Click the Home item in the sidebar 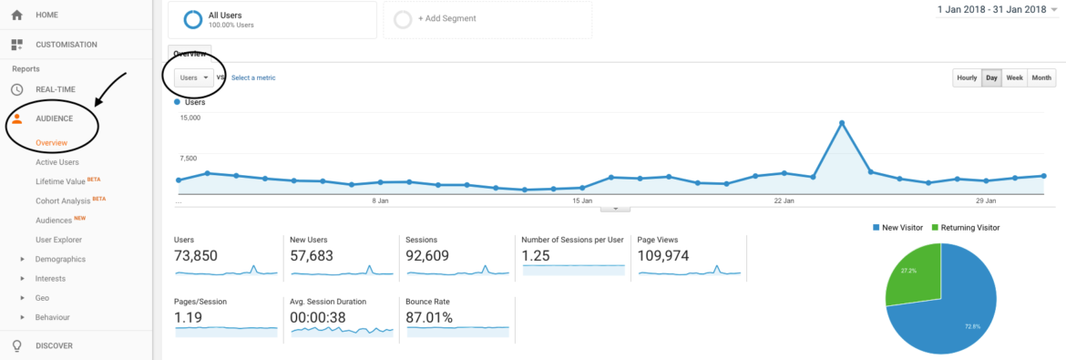click(46, 15)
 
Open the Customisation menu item click(66, 45)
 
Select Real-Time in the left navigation click(55, 89)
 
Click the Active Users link click(56, 162)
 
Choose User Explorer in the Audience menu click(58, 240)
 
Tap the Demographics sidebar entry click(60, 259)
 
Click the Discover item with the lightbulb click(54, 345)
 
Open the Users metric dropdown click(194, 77)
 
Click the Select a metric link click(253, 77)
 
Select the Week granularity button click(1014, 77)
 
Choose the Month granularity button click(1041, 77)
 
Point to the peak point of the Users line click(842, 122)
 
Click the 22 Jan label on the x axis click(784, 200)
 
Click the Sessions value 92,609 click(427, 256)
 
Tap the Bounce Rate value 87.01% click(429, 317)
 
